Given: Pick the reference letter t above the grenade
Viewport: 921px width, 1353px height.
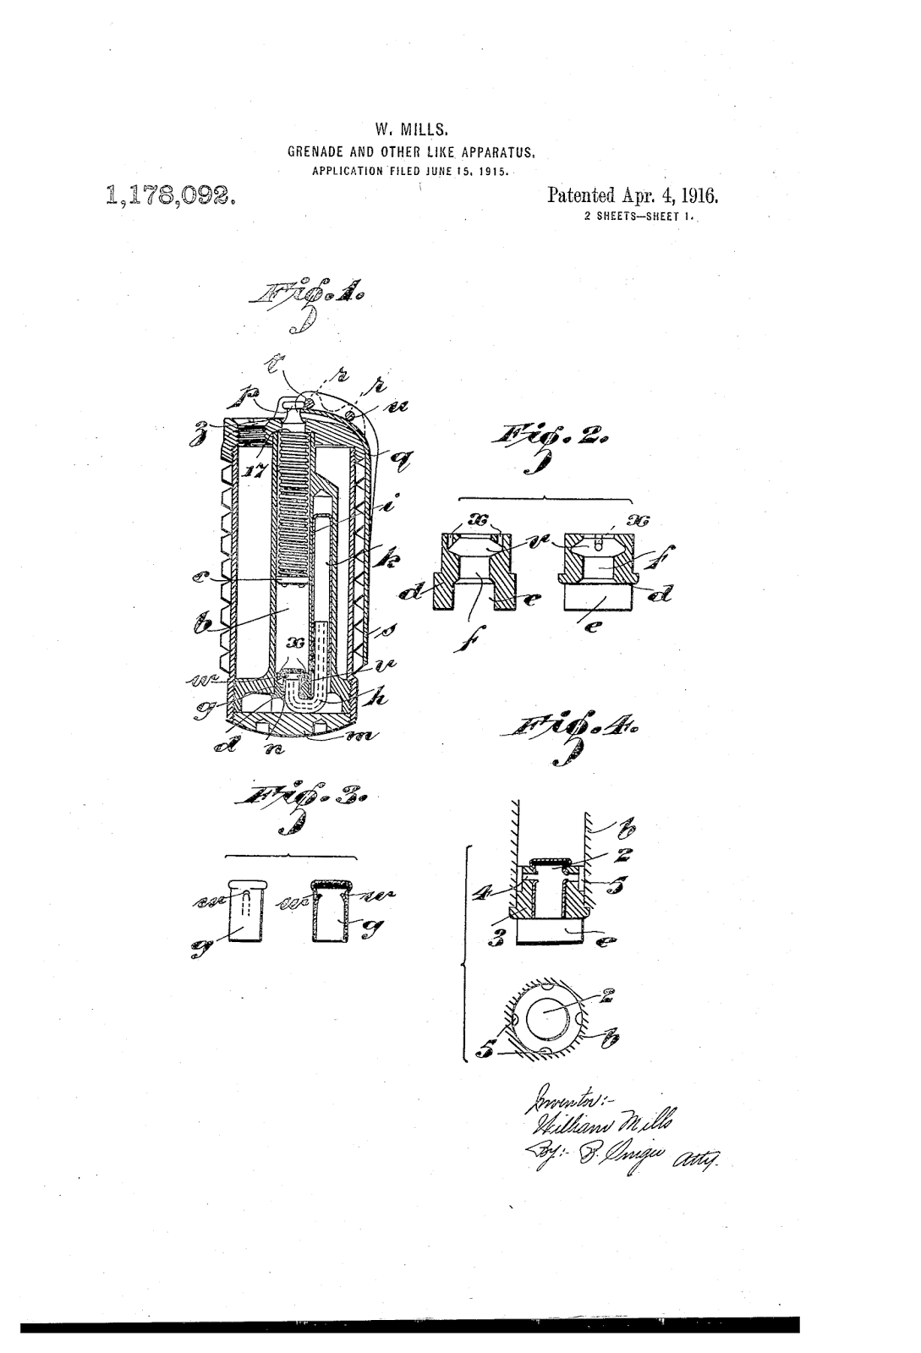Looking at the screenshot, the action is [276, 366].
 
